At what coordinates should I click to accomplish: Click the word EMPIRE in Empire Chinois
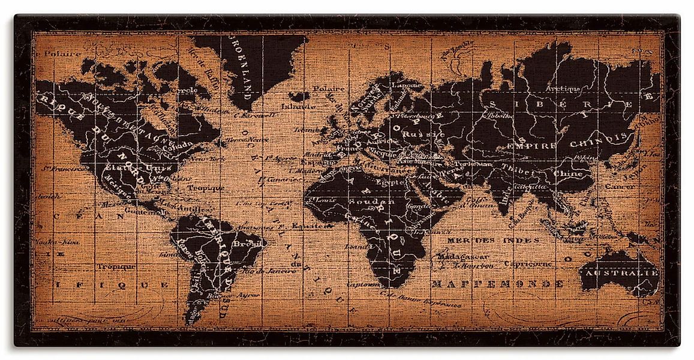[x=531, y=145]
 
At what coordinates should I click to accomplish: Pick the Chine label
[x=567, y=173]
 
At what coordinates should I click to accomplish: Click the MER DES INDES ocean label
[x=479, y=239]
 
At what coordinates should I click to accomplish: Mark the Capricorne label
[x=528, y=263]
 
